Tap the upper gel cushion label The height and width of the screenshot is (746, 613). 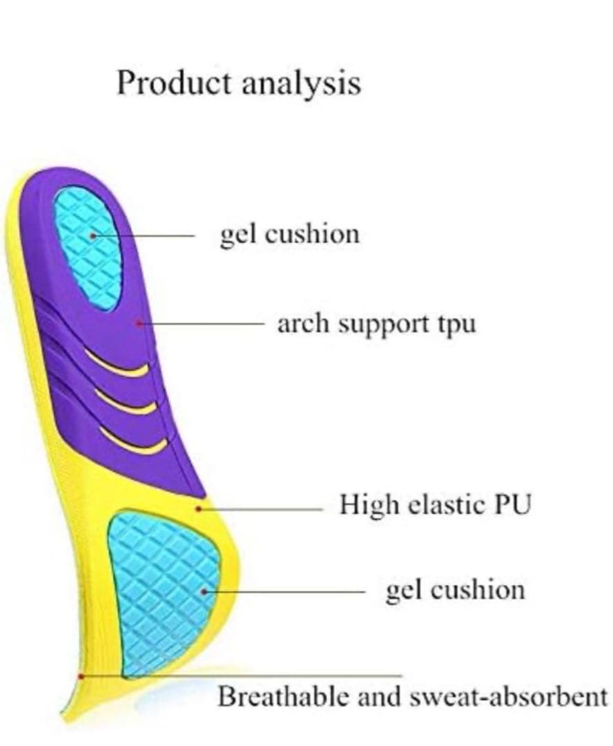[x=289, y=235]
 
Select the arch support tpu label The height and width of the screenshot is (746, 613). [x=376, y=323]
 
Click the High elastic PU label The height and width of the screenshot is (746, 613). [x=435, y=505]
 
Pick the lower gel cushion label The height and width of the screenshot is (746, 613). [x=455, y=591]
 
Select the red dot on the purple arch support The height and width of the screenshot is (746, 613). [x=140, y=323]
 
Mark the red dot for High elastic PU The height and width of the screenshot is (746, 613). [x=199, y=509]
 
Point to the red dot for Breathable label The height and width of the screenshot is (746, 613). [x=81, y=676]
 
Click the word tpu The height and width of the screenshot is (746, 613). [x=456, y=324]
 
